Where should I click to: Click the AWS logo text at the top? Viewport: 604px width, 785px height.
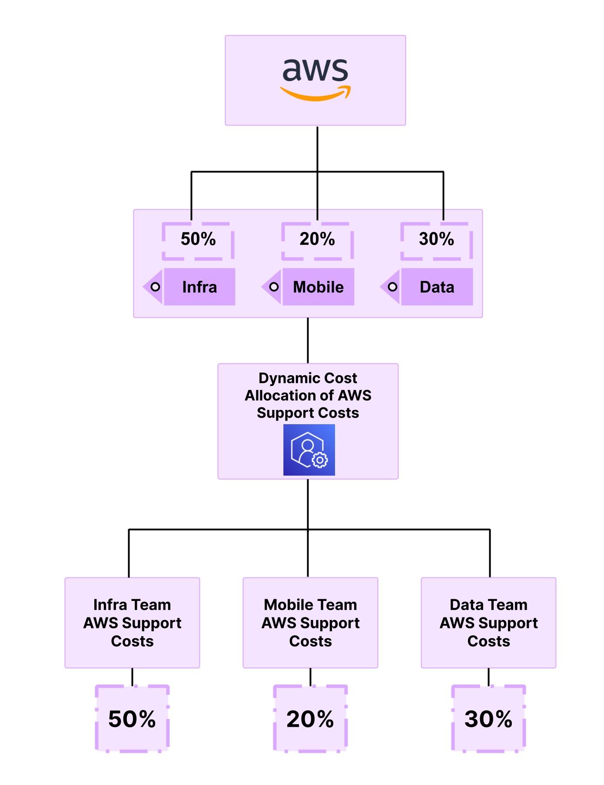(315, 70)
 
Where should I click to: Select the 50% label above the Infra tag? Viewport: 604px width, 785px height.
(198, 239)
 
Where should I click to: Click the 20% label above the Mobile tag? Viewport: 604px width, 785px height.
(317, 239)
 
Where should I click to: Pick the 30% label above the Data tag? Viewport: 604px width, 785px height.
(436, 239)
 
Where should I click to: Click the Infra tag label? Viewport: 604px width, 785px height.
(199, 287)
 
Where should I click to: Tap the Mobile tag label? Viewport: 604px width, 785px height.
(318, 287)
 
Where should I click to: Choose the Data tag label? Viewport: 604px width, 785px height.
(437, 287)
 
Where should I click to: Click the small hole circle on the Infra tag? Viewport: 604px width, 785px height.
(155, 287)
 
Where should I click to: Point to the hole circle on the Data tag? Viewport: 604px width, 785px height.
(392, 287)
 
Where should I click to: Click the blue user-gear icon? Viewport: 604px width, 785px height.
(309, 450)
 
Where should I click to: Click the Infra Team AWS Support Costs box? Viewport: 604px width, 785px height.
(132, 623)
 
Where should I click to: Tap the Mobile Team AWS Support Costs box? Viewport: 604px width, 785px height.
(310, 623)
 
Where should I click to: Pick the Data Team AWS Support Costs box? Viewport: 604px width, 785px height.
(488, 623)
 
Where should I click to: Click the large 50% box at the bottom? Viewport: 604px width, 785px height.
(132, 719)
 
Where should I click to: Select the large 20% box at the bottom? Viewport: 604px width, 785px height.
(310, 719)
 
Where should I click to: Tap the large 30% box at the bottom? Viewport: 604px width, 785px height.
(488, 719)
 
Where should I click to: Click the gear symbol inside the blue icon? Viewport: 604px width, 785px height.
(320, 460)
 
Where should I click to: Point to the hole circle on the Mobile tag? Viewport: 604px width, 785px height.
(274, 287)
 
